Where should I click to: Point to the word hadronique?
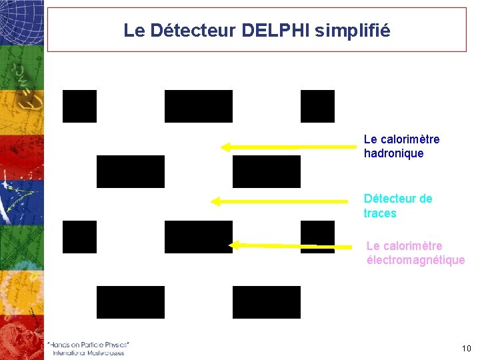click(393, 153)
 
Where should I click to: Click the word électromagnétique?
click(415, 260)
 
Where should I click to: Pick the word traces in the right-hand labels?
click(379, 213)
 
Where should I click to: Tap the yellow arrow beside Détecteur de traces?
click(279, 200)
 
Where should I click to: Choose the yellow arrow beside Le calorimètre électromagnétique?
click(290, 245)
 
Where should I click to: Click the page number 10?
click(466, 349)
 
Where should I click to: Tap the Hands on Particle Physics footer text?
click(89, 344)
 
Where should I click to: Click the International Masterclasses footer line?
click(89, 352)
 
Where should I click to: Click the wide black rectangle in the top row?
click(199, 106)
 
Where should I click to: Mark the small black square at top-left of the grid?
click(79, 106)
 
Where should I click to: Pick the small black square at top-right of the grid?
click(317, 106)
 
